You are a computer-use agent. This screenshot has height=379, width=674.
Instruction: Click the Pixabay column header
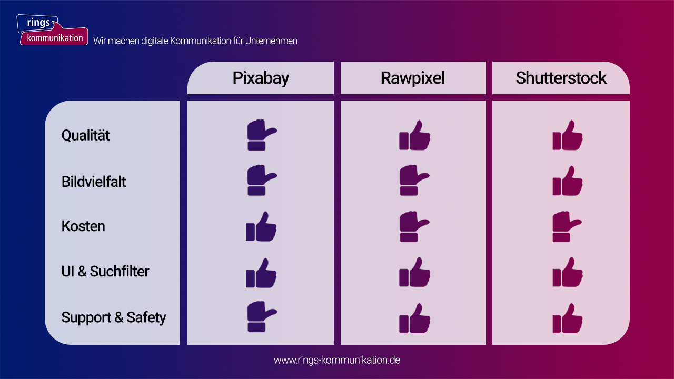click(261, 78)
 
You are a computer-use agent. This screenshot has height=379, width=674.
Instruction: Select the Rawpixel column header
click(413, 78)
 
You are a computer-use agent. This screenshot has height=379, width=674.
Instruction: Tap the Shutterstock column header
click(561, 78)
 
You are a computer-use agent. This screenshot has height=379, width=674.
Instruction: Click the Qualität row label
click(85, 135)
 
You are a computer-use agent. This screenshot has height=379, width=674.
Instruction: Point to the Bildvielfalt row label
click(94, 182)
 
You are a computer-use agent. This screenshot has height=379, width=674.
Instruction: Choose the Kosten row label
click(83, 226)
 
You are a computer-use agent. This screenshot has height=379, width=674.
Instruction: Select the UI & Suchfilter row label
click(105, 271)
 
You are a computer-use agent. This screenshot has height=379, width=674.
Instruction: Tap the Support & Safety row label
click(114, 317)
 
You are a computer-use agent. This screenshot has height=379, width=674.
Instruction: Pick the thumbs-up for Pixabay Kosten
click(261, 226)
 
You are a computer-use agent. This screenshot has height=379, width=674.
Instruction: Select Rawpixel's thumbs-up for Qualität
click(414, 135)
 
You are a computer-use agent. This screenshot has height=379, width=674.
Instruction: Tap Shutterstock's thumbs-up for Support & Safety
click(568, 318)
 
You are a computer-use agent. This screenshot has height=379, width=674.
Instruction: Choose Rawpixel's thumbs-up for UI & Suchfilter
click(414, 272)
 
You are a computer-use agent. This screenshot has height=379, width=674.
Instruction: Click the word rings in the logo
click(38, 23)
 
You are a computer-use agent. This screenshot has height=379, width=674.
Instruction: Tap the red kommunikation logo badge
click(54, 37)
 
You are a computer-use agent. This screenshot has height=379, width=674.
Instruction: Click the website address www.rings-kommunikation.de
click(337, 360)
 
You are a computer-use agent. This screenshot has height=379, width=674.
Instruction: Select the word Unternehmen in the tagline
click(271, 41)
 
